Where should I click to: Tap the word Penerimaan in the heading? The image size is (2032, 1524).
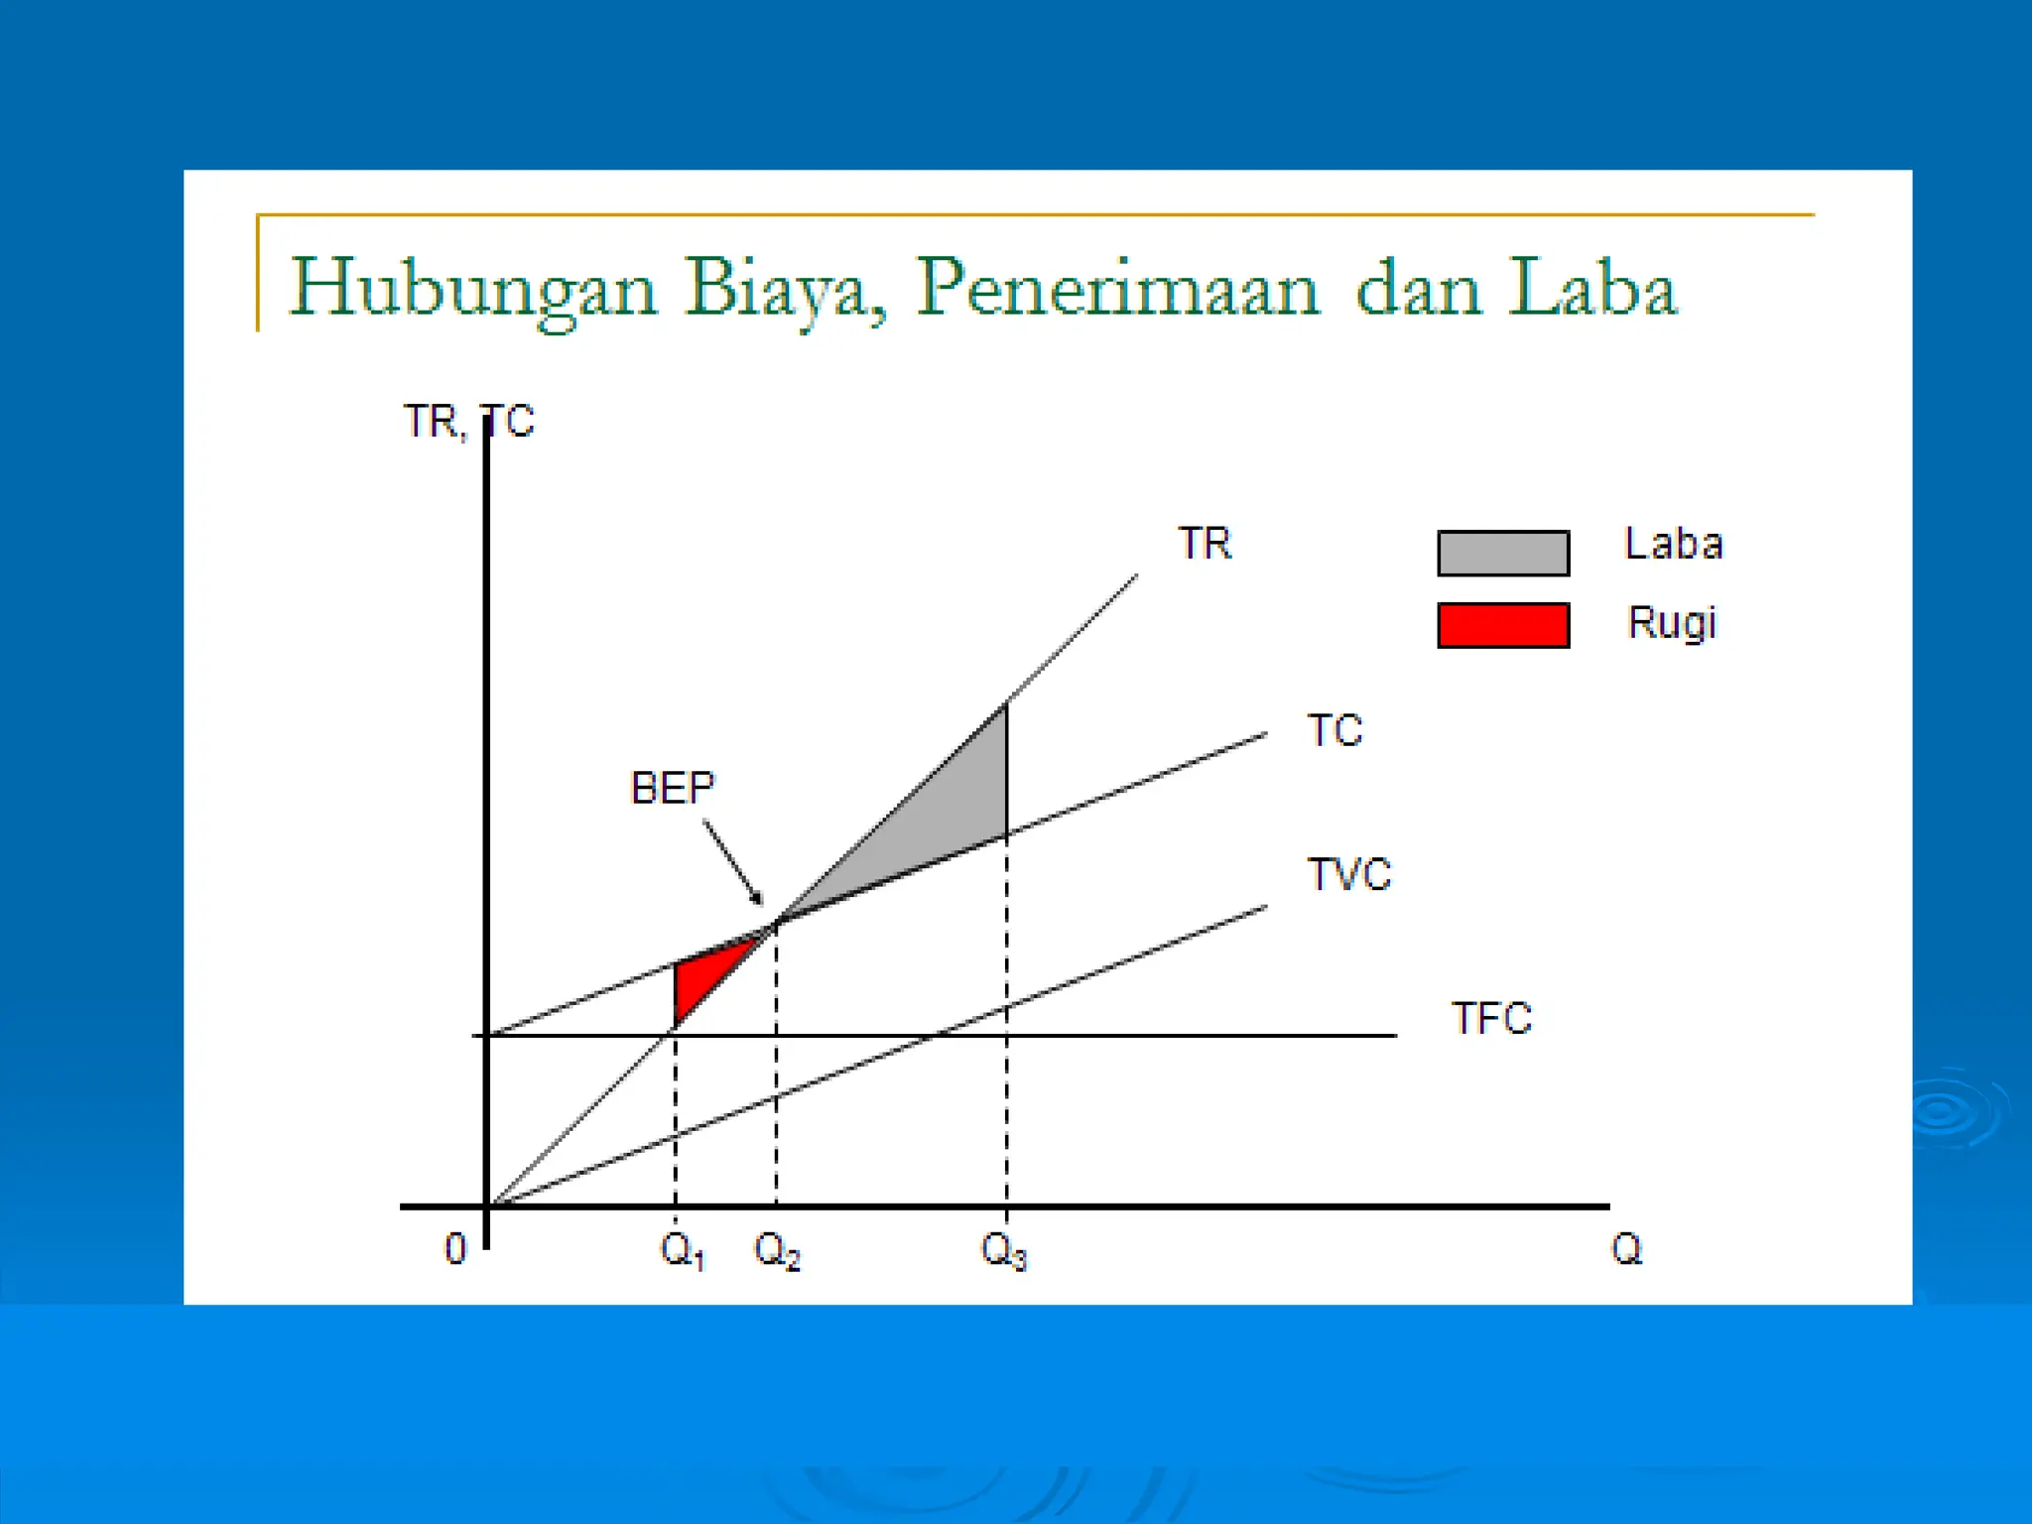pyautogui.click(x=1118, y=288)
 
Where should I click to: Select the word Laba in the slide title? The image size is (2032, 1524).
pyautogui.click(x=1591, y=288)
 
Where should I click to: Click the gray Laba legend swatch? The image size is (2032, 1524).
pyautogui.click(x=1503, y=554)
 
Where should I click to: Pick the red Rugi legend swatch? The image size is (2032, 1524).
pyautogui.click(x=1503, y=625)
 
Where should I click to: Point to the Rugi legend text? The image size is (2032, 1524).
pyautogui.click(x=1672, y=624)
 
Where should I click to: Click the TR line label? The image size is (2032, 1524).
pyautogui.click(x=1205, y=544)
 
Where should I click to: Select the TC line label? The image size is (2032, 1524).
pyautogui.click(x=1334, y=731)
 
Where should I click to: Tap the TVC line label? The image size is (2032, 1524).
pyautogui.click(x=1349, y=875)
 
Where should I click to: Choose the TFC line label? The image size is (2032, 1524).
pyautogui.click(x=1491, y=1019)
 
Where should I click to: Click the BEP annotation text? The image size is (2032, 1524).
pyautogui.click(x=673, y=789)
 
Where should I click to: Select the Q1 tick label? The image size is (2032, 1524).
pyautogui.click(x=683, y=1251)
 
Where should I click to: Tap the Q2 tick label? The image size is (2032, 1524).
pyautogui.click(x=777, y=1251)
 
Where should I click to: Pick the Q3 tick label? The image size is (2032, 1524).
pyautogui.click(x=1003, y=1251)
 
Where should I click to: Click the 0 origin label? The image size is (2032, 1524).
pyautogui.click(x=454, y=1249)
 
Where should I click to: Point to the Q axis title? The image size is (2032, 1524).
pyautogui.click(x=1626, y=1249)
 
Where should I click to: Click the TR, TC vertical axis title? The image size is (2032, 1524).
pyautogui.click(x=468, y=422)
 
